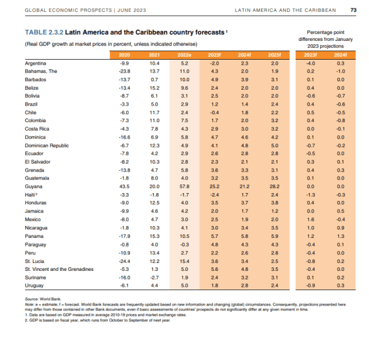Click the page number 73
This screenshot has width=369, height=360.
[353, 10]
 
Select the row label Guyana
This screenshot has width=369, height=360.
[33, 186]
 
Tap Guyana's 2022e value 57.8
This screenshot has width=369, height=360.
[184, 186]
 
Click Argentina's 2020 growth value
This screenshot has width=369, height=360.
[124, 64]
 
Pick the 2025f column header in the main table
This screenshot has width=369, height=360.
[274, 55]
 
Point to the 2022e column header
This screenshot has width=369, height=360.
[184, 55]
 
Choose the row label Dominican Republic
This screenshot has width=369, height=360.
[47, 145]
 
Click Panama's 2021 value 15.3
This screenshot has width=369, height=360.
[154, 236]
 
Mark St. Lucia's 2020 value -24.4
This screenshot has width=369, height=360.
[124, 261]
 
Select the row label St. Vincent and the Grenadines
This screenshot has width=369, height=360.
[59, 269]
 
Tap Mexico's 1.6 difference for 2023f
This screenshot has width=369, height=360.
[311, 219]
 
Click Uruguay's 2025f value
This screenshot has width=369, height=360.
[275, 286]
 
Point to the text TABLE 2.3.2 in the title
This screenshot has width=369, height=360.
[44, 32]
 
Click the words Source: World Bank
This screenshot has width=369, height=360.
[43, 299]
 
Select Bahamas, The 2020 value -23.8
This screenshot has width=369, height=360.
[124, 71]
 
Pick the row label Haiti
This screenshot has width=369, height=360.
[30, 195]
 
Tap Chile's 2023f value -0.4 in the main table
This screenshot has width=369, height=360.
[214, 112]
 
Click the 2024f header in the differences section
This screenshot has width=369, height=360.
[340, 55]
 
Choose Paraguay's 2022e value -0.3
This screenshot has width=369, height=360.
[184, 245]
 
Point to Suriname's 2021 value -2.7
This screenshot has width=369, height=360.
[154, 278]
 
